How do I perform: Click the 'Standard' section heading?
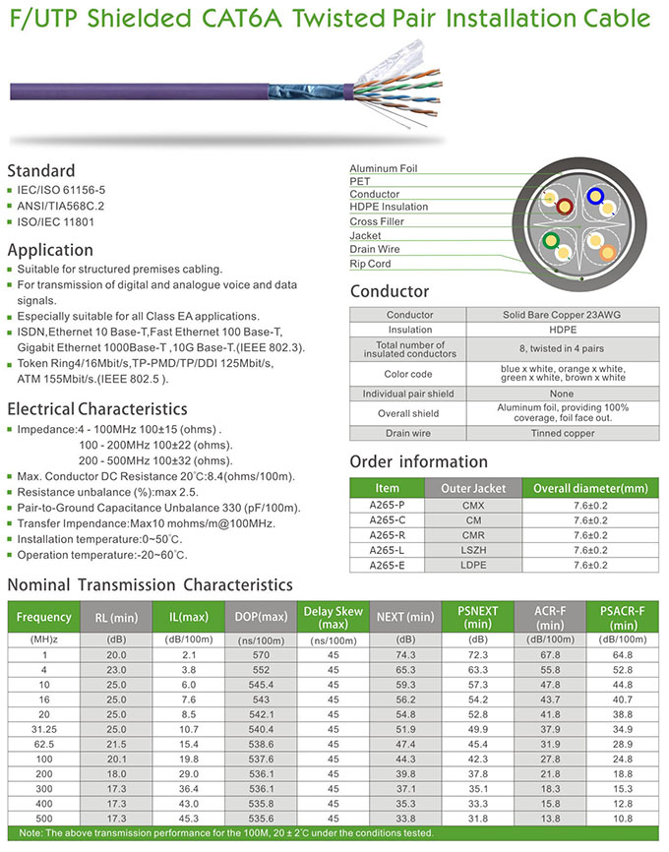coord(41,170)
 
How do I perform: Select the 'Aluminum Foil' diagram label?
coord(384,168)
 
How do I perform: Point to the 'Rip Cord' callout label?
coord(371,264)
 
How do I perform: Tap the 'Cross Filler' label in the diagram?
coord(378,221)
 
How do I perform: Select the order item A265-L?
coord(388,550)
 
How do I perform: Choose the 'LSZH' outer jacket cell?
coord(473,550)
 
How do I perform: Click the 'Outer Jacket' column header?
coord(473,489)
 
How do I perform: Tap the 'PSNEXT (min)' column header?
coord(478,617)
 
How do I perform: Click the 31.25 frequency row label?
coord(44,729)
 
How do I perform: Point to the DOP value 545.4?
coord(261,683)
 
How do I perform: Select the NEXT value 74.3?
coord(405,654)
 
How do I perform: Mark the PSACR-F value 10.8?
coord(623,819)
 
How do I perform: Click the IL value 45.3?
coord(189,819)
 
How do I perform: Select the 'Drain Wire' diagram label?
coord(375,250)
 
